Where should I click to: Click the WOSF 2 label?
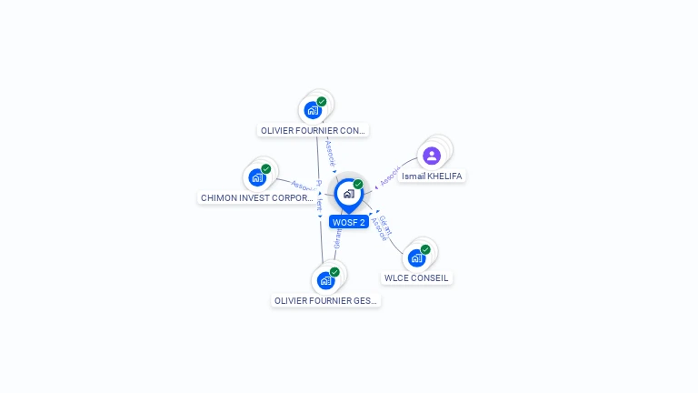tap(349, 222)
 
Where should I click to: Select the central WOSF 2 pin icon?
tap(348, 195)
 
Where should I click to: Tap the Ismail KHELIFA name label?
tap(433, 176)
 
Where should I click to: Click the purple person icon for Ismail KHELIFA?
tap(432, 156)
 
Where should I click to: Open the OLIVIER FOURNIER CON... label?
tap(314, 130)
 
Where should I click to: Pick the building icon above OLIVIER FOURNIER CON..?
tap(313, 110)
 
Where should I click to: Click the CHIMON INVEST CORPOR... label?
tap(256, 197)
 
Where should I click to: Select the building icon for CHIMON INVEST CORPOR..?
tap(257, 177)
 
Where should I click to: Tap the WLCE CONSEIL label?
tap(416, 278)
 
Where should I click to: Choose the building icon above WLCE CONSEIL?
tap(416, 258)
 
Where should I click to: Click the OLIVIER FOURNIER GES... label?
tap(325, 300)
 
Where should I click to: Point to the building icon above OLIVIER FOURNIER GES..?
tap(325, 280)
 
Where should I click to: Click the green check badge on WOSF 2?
tap(358, 185)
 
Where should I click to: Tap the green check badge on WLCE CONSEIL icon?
tap(425, 249)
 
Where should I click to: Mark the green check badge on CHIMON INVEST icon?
tap(266, 168)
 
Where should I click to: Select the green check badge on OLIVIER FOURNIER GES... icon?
tap(334, 271)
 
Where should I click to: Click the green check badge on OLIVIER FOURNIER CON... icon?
tap(322, 101)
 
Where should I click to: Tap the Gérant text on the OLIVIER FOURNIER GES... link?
tap(337, 238)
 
